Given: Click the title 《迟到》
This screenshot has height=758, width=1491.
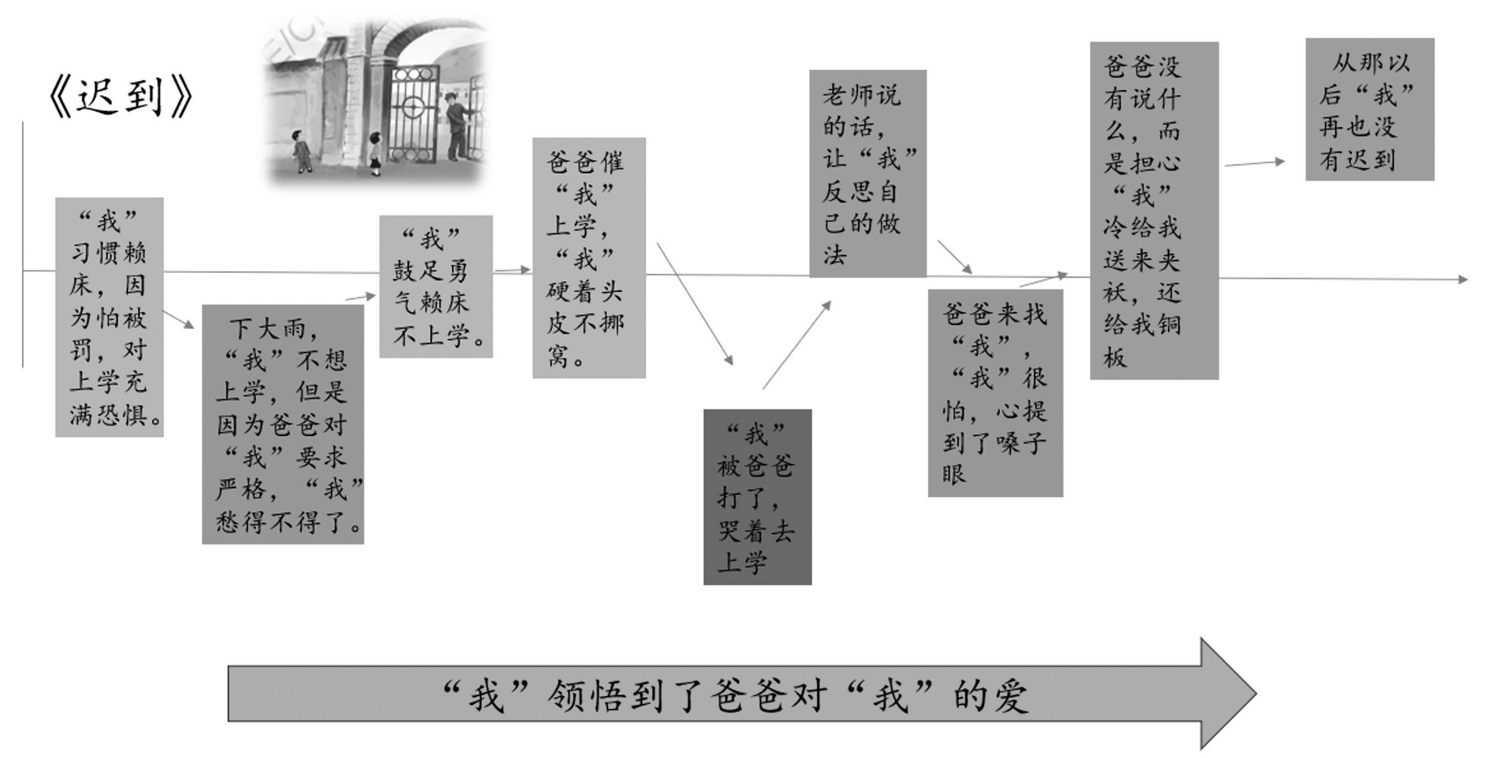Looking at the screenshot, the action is click(x=121, y=96).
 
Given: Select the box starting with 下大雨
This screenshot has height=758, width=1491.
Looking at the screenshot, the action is click(x=283, y=424).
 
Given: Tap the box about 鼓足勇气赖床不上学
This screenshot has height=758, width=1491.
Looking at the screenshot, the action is click(x=436, y=286).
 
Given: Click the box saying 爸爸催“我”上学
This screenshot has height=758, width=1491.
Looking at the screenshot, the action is click(x=589, y=258).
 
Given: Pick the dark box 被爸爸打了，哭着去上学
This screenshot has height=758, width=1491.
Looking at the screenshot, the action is click(x=757, y=497).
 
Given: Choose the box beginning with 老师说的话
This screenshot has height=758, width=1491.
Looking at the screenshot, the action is click(x=868, y=174).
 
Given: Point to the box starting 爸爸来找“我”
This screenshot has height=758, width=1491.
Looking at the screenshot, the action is click(x=995, y=393).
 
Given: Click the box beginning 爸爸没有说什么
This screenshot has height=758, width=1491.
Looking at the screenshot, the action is click(x=1154, y=210).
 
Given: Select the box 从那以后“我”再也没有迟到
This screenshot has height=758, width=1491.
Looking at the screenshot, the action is click(x=1369, y=109).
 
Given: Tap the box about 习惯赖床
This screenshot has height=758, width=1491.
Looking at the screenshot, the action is click(x=109, y=317).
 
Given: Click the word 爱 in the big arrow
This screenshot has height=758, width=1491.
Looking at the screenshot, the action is click(x=1010, y=695).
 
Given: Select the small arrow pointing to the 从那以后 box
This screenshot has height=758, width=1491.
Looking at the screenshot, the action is click(x=1254, y=163).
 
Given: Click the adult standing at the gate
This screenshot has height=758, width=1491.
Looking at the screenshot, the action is click(x=456, y=126).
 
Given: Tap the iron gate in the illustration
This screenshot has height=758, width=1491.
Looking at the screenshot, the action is click(x=414, y=116).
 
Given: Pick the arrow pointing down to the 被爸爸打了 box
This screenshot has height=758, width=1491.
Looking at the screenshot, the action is click(x=694, y=303).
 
